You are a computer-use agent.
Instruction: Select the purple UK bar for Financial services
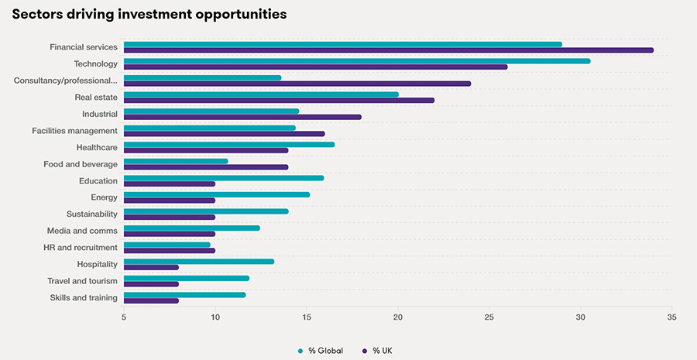pos(387,50)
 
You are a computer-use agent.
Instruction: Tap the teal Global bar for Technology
pos(356,61)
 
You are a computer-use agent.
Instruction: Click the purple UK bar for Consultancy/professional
pos(297,84)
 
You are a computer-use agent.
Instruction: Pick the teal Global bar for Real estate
pos(261,94)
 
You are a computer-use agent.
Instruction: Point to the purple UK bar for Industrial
pos(242,117)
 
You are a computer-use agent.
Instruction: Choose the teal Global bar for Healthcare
pos(228,144)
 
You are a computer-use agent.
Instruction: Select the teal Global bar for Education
pos(223,178)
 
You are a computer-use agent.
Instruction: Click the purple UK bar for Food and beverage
pos(205,167)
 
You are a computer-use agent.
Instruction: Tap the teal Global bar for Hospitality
pos(198,262)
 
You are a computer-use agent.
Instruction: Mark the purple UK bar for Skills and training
pos(151,300)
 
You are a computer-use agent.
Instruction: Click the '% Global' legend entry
pos(321,351)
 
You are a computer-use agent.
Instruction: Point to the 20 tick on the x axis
pos(398,317)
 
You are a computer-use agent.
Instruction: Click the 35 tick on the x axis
pos(671,317)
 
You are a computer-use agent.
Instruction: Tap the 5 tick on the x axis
pos(124,317)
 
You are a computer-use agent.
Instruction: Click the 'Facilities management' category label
pos(74,131)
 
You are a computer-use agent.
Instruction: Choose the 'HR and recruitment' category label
pos(81,248)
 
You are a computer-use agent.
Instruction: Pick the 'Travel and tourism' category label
pos(82,281)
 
